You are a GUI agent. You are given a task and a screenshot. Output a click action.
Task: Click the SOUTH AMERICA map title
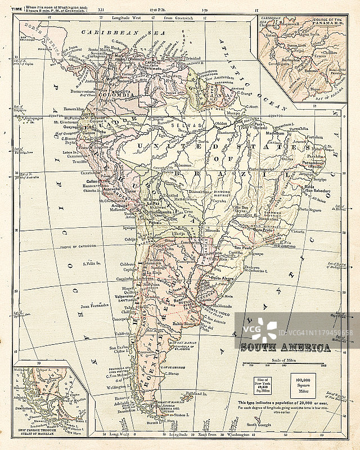pos(285,348)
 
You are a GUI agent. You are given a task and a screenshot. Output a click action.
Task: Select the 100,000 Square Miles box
pos(303,385)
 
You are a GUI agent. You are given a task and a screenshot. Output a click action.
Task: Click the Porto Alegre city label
pos(223,276)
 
